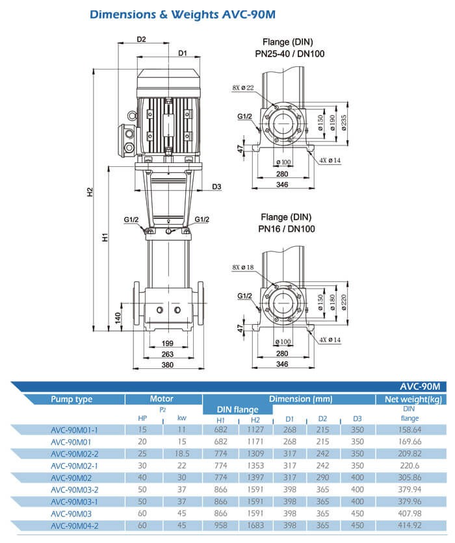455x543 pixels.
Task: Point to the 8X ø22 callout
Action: point(244,88)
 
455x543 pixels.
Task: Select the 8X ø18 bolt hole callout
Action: point(244,268)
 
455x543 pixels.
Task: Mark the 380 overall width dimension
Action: point(168,365)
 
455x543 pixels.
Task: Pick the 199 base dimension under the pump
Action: point(168,343)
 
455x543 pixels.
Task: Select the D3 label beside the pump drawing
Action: point(216,187)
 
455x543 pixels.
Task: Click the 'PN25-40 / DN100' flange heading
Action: point(289,54)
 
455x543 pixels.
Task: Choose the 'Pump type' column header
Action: point(71,399)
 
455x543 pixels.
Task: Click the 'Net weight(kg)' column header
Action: point(413,399)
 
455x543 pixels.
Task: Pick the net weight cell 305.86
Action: point(409,478)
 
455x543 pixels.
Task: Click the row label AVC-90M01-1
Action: point(74,429)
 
